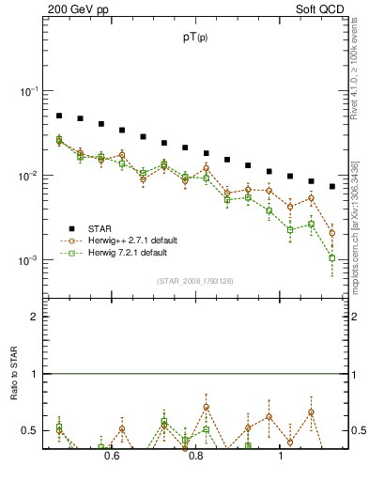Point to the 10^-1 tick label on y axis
click(x=28, y=91)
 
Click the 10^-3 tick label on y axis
click(x=28, y=260)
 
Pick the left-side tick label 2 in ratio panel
click(x=35, y=317)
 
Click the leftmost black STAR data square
click(x=58, y=116)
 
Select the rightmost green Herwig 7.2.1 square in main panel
click(x=332, y=257)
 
